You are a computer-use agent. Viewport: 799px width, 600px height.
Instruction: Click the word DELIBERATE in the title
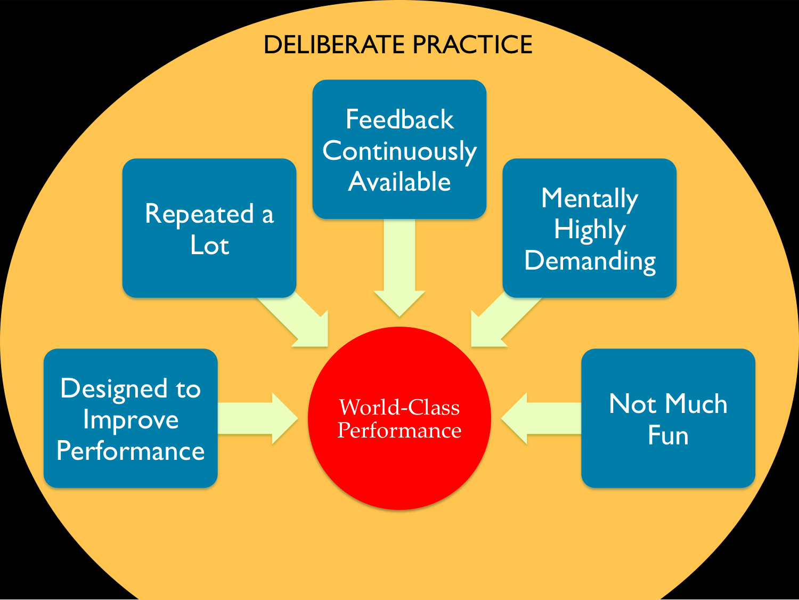coord(334,45)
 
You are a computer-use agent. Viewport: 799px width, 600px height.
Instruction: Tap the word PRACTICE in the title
coord(472,45)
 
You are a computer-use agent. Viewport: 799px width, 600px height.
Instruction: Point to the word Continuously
coord(399,151)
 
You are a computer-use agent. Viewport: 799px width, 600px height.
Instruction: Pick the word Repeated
coord(199,214)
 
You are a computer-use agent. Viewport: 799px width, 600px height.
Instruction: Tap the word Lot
coord(210,245)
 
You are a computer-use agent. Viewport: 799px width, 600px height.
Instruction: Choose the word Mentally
coord(589,199)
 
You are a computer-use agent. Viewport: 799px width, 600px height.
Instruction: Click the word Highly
coord(590,230)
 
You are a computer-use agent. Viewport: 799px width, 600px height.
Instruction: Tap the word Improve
coord(131,420)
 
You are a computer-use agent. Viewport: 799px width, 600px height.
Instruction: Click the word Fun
coord(668,435)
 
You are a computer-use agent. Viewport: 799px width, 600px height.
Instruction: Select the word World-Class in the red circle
coord(399,407)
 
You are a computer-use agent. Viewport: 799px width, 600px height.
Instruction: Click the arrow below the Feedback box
coord(399,267)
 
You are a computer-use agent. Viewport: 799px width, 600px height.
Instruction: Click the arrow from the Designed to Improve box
coord(258,418)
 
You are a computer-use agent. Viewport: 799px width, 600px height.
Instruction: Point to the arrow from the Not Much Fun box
coord(541,418)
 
